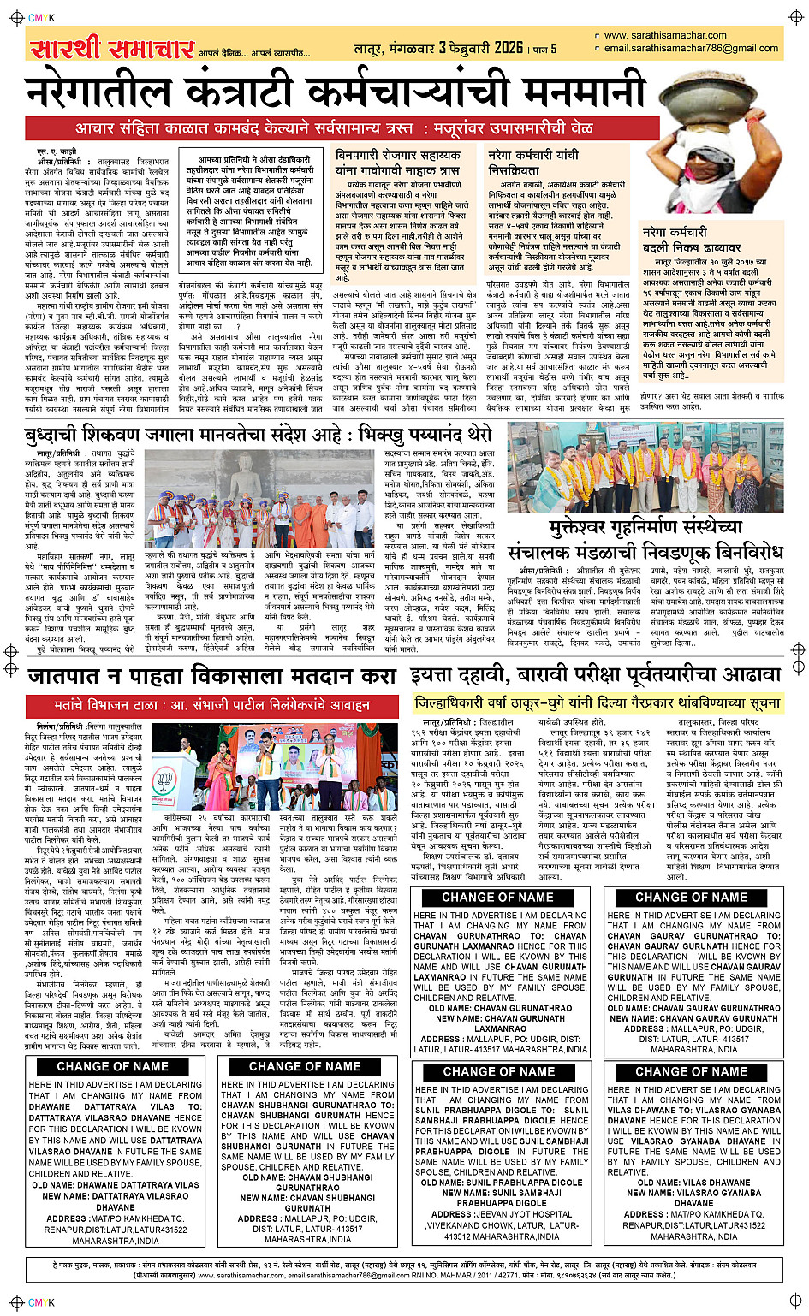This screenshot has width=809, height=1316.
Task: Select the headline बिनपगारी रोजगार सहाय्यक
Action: pos(398,157)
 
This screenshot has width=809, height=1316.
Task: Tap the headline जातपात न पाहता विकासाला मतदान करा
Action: pos(211,676)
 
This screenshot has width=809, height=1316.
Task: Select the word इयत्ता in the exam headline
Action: pos(444,675)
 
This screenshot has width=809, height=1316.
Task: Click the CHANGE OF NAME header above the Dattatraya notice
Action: pos(113,1066)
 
